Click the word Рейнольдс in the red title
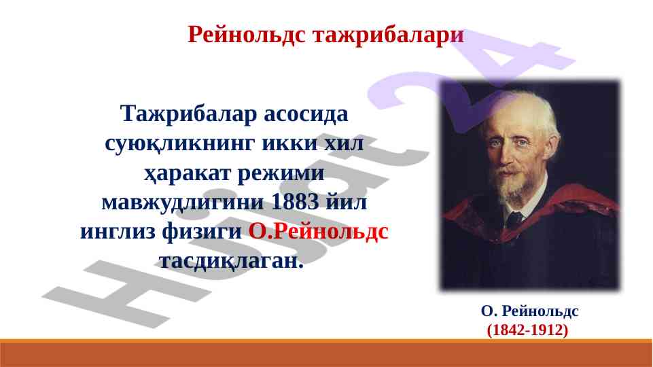[x=247, y=35]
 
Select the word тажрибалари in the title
[x=388, y=35]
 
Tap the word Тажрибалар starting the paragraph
[x=188, y=114]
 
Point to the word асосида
[x=306, y=113]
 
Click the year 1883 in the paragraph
[x=295, y=202]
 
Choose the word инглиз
[x=118, y=232]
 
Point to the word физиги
[x=202, y=232]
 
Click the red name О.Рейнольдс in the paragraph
[x=319, y=231]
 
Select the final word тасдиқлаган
[x=231, y=262]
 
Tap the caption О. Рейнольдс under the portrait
[x=530, y=311]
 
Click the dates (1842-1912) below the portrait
[x=528, y=330]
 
